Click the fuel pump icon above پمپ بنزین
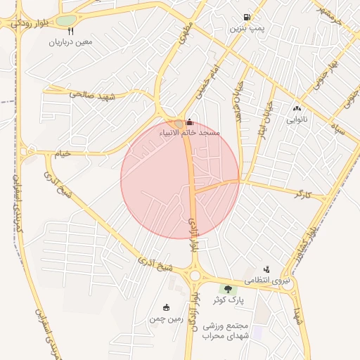246,18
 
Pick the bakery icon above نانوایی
296,108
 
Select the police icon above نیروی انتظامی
266,269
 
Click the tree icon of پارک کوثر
226,289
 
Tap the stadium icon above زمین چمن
166,307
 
